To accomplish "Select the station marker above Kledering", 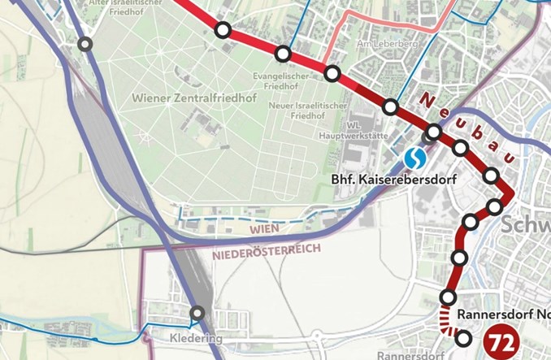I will pyautogui.click(x=197, y=314).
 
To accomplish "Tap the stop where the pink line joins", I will pyautogui.click(x=332, y=74).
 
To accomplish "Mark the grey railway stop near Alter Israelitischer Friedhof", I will pyautogui.click(x=85, y=44).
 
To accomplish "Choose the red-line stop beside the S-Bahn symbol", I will pyautogui.click(x=434, y=131).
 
